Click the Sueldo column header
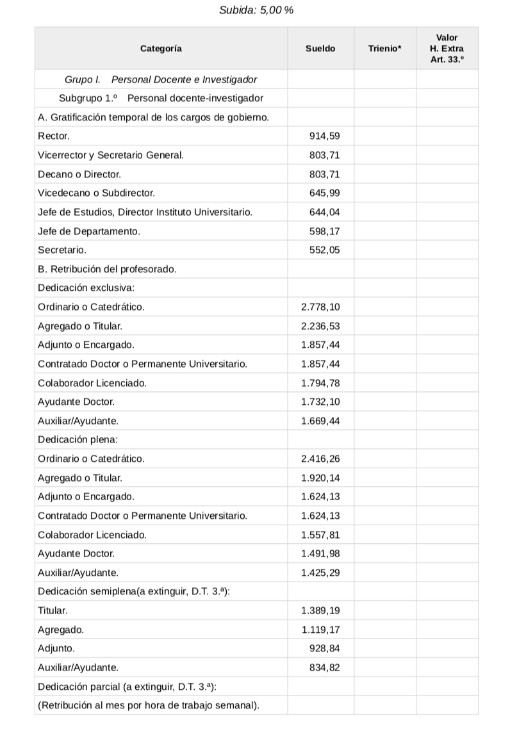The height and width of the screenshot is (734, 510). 320,49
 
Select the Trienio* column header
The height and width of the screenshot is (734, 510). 384,49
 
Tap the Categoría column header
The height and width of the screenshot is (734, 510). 161,49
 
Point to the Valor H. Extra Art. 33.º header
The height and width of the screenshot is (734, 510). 447,49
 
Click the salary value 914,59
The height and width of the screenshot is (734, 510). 324,136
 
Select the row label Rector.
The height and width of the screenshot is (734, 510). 54,136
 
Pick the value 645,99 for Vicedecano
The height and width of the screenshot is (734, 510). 324,192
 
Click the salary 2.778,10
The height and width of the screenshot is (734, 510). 320,307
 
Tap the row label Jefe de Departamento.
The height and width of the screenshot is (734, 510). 89,231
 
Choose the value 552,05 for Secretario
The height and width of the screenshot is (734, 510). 324,250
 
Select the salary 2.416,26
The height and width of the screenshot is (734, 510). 320,459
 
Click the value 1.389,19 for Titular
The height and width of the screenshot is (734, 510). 320,611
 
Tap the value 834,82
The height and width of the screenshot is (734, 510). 324,667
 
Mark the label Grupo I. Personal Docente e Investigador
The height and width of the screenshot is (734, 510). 161,79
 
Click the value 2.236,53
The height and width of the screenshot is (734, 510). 320,326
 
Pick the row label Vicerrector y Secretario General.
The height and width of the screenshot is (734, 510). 111,155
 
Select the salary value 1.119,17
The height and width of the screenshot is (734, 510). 320,630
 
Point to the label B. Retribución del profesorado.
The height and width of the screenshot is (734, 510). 107,269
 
